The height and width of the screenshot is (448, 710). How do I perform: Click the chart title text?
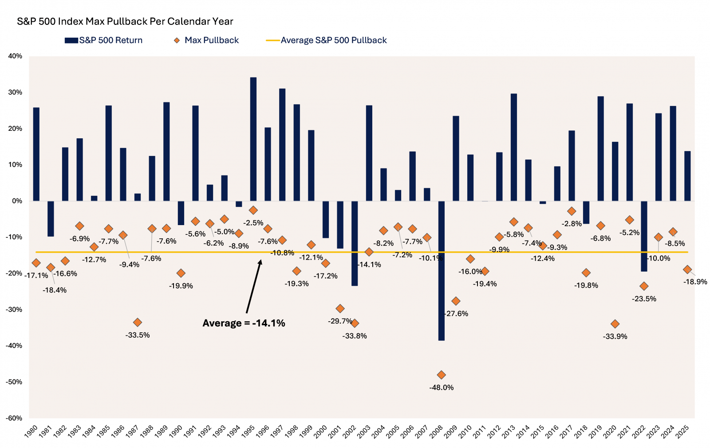click(x=125, y=21)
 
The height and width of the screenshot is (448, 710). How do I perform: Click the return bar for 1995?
click(x=253, y=139)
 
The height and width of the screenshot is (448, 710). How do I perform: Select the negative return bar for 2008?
click(x=442, y=270)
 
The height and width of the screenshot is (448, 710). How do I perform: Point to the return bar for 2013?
click(x=514, y=147)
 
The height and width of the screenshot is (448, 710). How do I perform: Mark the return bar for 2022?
click(x=644, y=236)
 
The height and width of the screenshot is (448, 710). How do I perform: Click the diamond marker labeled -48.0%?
click(x=441, y=375)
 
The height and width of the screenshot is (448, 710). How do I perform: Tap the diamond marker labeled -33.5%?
click(x=138, y=322)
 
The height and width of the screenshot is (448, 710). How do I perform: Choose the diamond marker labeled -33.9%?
click(x=615, y=324)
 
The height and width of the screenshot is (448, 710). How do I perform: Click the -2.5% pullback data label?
click(x=254, y=223)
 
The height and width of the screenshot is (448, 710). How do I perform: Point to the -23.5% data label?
click(x=644, y=299)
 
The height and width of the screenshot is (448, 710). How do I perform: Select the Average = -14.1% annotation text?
click(x=244, y=323)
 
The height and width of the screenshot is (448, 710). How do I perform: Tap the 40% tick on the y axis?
click(x=15, y=56)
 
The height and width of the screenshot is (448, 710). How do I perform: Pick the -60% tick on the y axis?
click(x=14, y=418)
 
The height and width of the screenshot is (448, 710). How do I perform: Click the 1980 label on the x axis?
click(x=31, y=432)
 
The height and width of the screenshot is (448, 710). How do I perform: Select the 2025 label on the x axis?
click(x=682, y=432)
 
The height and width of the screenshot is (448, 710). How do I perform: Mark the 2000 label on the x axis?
click(x=320, y=432)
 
